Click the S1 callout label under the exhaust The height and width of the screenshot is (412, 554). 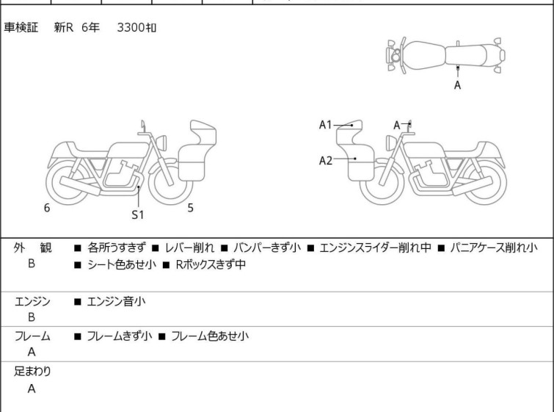[138, 214]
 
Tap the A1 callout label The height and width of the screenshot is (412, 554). [325, 125]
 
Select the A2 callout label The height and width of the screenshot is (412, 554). [325, 161]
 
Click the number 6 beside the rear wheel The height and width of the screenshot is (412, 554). [47, 208]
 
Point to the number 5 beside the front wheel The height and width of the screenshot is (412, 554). [191, 208]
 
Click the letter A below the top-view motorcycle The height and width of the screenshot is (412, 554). [458, 85]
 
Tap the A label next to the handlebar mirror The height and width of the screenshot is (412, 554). [397, 125]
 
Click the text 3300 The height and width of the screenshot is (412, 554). [131, 28]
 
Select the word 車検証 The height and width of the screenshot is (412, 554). [21, 27]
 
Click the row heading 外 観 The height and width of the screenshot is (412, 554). [32, 248]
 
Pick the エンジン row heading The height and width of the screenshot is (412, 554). [32, 302]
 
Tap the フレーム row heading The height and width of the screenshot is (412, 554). [32, 336]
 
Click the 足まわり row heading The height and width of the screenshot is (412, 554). [32, 372]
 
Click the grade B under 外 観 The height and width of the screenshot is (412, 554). [32, 264]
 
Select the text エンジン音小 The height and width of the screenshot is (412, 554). [116, 302]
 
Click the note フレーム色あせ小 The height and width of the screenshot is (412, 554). [210, 336]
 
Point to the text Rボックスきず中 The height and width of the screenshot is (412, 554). [211, 264]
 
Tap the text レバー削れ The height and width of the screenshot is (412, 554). [189, 248]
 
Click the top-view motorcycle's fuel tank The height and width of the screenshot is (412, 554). [424, 56]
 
